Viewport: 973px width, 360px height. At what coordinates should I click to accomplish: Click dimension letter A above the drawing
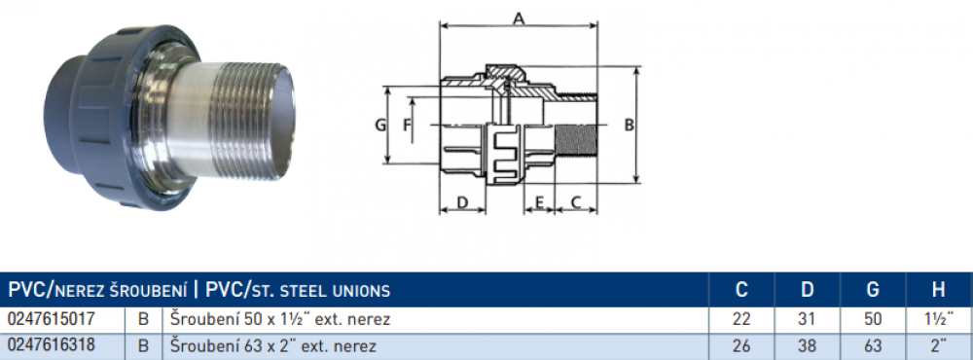[x=519, y=18]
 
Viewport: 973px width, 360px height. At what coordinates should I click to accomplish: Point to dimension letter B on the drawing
[x=629, y=125]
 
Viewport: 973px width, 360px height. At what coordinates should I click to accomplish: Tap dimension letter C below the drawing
[x=576, y=201]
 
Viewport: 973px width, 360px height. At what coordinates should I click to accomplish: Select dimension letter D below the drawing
[x=461, y=201]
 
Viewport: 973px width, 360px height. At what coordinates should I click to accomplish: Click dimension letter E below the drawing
[x=539, y=201]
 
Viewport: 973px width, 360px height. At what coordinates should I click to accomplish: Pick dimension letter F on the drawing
[x=407, y=125]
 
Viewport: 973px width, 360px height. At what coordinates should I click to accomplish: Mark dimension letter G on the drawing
[x=380, y=125]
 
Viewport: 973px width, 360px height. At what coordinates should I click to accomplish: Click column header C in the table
[x=741, y=289]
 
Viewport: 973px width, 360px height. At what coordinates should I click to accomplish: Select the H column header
[x=938, y=289]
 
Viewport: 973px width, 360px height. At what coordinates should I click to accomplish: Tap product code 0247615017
[x=52, y=319]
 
